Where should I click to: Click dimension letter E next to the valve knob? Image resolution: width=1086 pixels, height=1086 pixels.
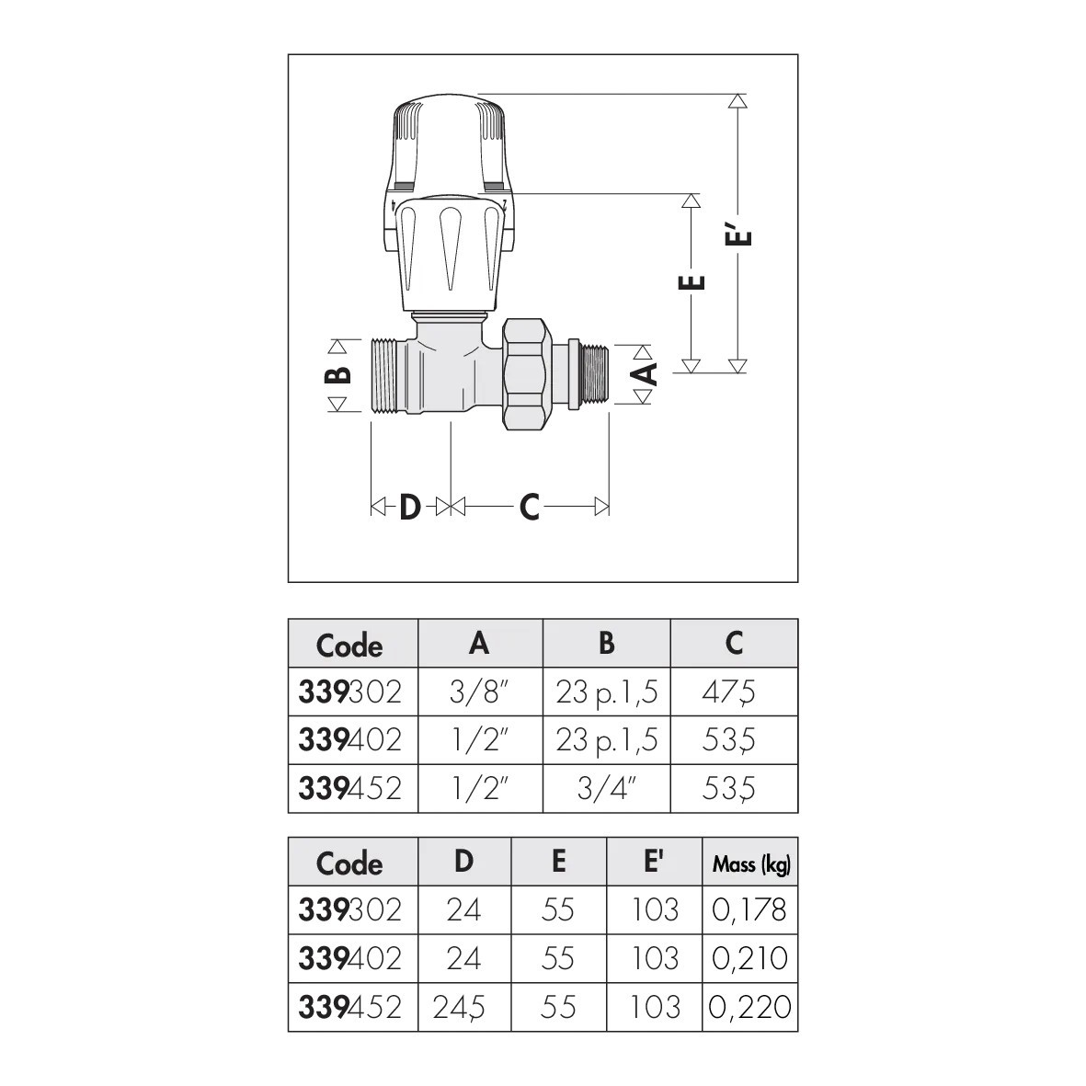point(696,282)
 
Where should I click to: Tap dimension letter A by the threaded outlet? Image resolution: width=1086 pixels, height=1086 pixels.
point(648,373)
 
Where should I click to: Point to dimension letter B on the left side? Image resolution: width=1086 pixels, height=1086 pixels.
point(338,375)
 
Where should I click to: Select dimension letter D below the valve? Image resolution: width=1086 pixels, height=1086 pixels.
point(409,507)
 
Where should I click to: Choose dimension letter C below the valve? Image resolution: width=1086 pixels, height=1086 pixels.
point(529,507)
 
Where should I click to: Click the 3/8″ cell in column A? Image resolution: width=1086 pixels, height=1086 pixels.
point(479,692)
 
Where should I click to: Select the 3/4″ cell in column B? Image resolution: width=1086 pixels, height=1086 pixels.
point(607,788)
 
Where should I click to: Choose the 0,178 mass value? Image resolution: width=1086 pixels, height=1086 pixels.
point(750,909)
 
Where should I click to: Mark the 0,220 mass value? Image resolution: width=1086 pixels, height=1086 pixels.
point(750,1007)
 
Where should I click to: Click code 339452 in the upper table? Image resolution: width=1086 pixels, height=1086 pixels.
point(350,788)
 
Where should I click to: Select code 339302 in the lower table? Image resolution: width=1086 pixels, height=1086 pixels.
point(350,909)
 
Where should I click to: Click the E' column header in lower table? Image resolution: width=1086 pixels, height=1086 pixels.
point(655,862)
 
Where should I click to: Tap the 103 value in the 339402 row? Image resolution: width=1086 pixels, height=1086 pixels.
point(655,958)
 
